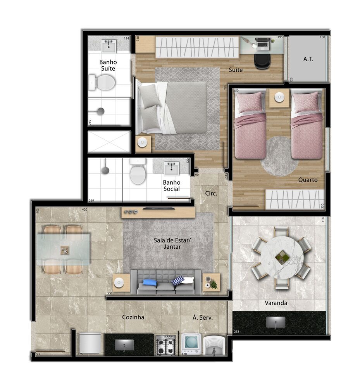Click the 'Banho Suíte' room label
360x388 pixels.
(108, 65)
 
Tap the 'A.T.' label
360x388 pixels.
(308, 59)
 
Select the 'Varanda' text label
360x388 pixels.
(276, 303)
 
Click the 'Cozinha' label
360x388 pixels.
(133, 317)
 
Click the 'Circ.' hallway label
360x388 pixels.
(211, 193)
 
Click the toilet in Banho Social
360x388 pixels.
(138, 173)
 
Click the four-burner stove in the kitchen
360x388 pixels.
(166, 345)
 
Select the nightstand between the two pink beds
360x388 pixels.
(279, 98)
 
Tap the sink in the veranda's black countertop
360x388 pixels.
(276, 322)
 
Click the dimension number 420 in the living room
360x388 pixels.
(84, 210)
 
